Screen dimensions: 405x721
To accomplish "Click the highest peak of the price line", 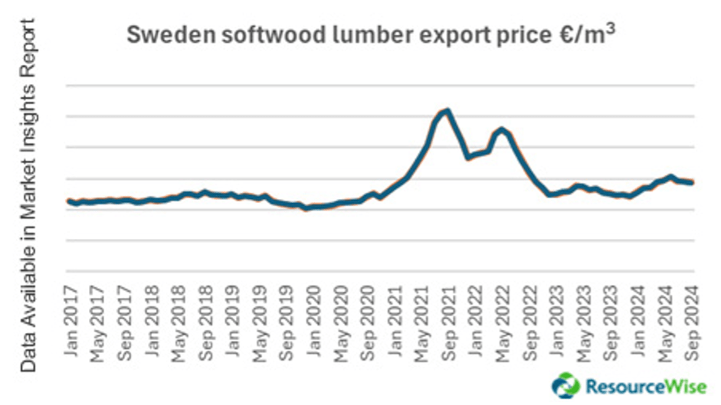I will tap(447, 110).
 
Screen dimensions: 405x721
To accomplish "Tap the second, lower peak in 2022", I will tap(501, 129).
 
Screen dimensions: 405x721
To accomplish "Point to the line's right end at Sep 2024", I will tap(693, 182).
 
